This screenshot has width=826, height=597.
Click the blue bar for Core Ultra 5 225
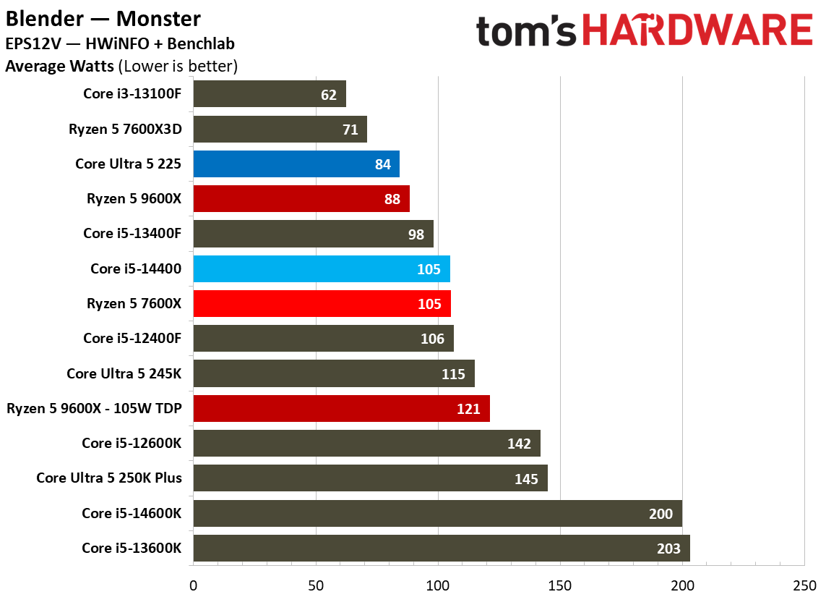pyautogui.click(x=296, y=164)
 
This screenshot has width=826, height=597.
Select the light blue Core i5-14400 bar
pyautogui.click(x=322, y=269)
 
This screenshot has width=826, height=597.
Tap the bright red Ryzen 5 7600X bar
pyautogui.click(x=322, y=304)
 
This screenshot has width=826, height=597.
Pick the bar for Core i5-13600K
pyautogui.click(x=442, y=549)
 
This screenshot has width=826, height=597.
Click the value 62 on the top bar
pyautogui.click(x=329, y=95)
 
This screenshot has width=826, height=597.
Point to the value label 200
pyautogui.click(x=661, y=514)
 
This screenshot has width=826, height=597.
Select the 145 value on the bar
pyautogui.click(x=526, y=479)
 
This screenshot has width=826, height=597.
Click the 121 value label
pyautogui.click(x=468, y=409)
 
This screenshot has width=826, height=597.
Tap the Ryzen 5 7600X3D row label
pyautogui.click(x=125, y=130)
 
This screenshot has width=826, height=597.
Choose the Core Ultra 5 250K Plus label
pyautogui.click(x=109, y=478)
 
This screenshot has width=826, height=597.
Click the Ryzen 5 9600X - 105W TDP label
pyautogui.click(x=94, y=408)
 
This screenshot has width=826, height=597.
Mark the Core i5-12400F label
pyautogui.click(x=132, y=338)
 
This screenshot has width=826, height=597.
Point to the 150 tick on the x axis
pyautogui.click(x=560, y=585)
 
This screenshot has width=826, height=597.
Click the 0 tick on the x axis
pyautogui.click(x=194, y=585)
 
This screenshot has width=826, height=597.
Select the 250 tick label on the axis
pyautogui.click(x=804, y=585)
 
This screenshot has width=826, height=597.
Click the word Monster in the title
pyautogui.click(x=158, y=19)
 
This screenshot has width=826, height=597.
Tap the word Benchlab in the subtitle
pyautogui.click(x=201, y=43)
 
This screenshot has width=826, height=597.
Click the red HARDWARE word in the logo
pyautogui.click(x=697, y=30)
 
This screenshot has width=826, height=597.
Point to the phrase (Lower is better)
pyautogui.click(x=178, y=67)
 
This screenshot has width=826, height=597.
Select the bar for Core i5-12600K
pyautogui.click(x=366, y=444)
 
